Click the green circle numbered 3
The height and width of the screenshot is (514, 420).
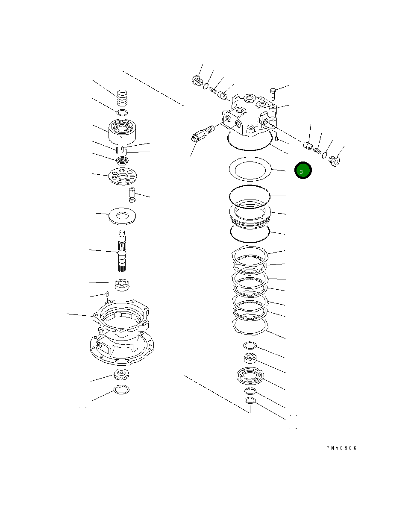click(303, 171)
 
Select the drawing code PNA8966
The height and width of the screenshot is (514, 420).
click(341, 448)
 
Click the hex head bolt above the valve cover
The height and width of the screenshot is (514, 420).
click(273, 93)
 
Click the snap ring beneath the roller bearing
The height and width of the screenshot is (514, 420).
click(122, 389)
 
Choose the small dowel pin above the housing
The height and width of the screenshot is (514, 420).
click(108, 294)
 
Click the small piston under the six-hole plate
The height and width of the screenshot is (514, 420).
click(132, 194)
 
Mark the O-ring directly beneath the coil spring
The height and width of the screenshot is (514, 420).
click(122, 113)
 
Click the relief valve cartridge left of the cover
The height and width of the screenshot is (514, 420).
click(203, 133)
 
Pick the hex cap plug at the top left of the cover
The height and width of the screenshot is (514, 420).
click(197, 81)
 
